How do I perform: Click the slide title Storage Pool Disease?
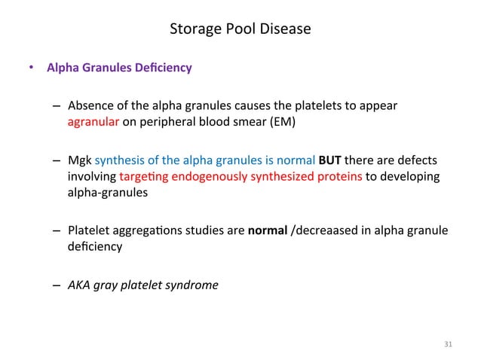tap(240, 29)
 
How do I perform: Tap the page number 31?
tap(448, 345)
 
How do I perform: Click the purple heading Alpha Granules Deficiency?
tap(119, 68)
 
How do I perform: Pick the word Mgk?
tap(78, 160)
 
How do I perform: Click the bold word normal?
tap(266, 230)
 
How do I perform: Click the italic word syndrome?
tap(195, 285)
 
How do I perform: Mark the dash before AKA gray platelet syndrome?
tap(57, 285)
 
